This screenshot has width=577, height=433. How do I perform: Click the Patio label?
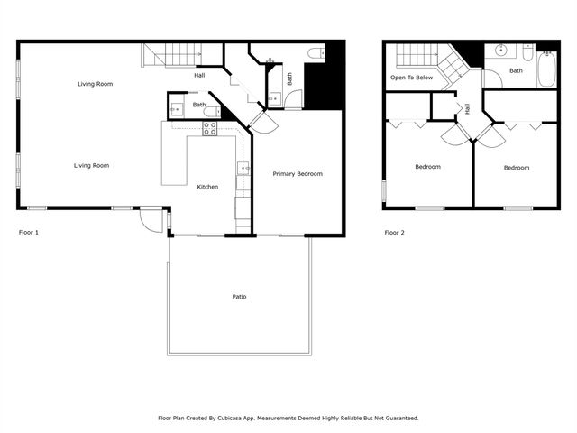239,297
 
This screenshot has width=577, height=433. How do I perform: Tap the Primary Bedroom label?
298,173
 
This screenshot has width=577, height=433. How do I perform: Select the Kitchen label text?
208,187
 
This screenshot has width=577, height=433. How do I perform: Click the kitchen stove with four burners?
209,129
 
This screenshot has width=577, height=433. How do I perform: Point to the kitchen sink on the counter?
243,168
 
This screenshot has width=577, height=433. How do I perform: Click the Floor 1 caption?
29,233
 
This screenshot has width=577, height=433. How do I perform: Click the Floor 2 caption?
395,233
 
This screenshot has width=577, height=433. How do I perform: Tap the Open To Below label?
411,78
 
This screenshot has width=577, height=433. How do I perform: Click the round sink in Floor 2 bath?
500,51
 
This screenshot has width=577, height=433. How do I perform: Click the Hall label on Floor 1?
200,75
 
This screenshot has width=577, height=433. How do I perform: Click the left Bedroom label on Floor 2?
427,167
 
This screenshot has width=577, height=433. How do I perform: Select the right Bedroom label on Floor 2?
517,168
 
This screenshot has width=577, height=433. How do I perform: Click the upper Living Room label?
95,84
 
